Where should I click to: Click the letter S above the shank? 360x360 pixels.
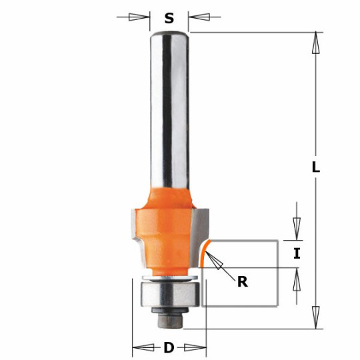point(169,18)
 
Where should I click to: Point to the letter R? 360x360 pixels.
point(242,281)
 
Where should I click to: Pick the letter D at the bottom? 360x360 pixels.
point(169,347)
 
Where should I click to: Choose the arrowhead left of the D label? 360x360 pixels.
point(141,347)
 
